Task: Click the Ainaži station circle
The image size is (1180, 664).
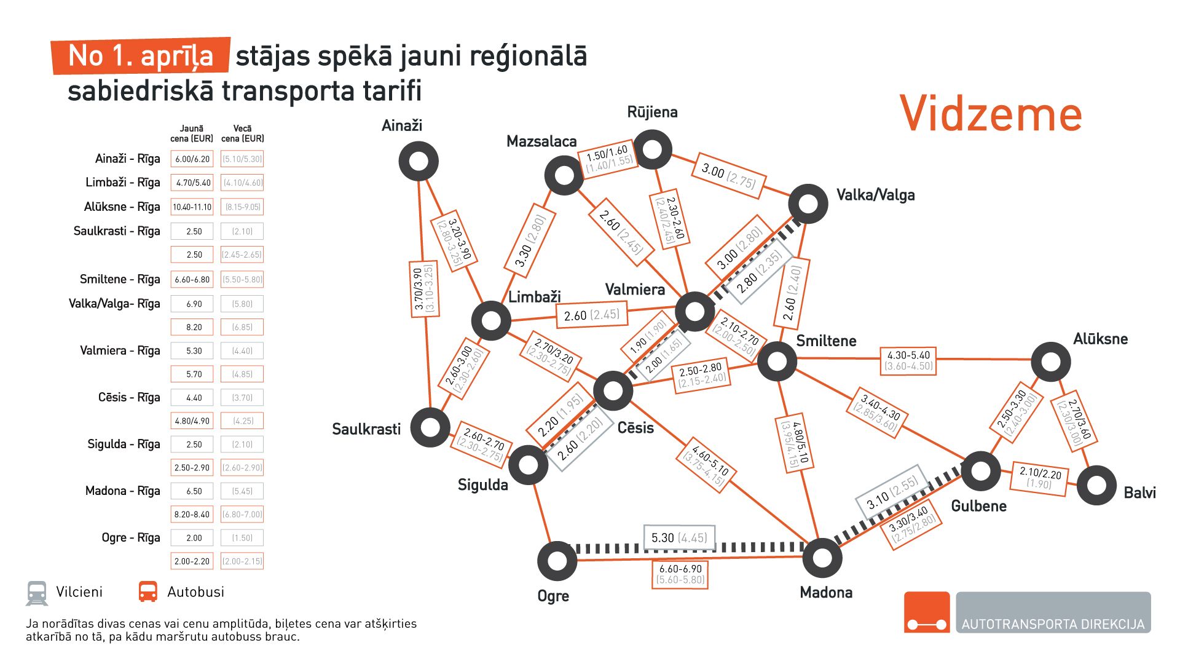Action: (x=419, y=161)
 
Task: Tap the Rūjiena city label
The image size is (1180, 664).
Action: (x=652, y=112)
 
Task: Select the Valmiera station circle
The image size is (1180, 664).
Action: (x=694, y=311)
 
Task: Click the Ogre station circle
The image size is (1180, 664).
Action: (x=557, y=561)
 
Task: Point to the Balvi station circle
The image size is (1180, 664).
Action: (x=1096, y=485)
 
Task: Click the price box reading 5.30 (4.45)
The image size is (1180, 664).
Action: (x=678, y=538)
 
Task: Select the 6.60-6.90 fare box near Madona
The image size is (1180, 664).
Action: (x=680, y=574)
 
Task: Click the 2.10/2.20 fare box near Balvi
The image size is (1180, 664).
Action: (x=1040, y=478)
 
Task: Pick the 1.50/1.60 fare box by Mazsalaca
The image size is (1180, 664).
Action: (x=608, y=159)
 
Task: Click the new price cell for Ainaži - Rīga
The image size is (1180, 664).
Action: (x=192, y=159)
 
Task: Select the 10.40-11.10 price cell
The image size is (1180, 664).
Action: (x=192, y=207)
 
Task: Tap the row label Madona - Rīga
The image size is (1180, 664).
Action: (x=122, y=491)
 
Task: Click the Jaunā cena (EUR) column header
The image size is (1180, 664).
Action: (x=192, y=133)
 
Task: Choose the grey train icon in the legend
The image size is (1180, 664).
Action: (x=37, y=593)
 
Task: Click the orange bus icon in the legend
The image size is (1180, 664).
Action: (x=148, y=591)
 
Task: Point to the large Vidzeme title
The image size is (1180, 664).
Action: (x=990, y=114)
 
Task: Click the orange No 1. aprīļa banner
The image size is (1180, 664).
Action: (x=141, y=56)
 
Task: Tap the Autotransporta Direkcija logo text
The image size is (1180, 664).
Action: (x=1053, y=624)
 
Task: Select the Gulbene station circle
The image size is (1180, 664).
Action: (x=980, y=472)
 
